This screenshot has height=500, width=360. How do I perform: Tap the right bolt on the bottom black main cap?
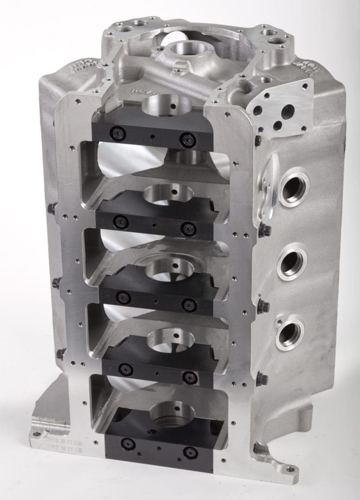(x=190, y=452)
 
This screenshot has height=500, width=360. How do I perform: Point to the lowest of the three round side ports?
(x=289, y=333)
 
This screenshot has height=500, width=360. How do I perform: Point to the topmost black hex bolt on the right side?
(x=257, y=140)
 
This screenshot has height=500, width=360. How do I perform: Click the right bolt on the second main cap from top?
(x=188, y=228)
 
